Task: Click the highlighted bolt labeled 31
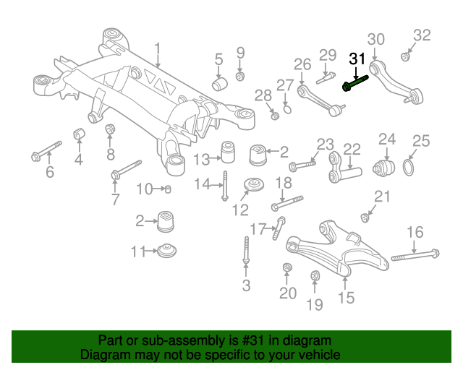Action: (355, 85)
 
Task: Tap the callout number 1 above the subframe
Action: (158, 50)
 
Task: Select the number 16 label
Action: (415, 232)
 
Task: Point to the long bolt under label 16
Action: (415, 255)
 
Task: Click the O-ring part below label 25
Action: (409, 169)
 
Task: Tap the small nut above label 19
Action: (315, 275)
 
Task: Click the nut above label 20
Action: (286, 270)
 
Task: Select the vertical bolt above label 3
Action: (246, 252)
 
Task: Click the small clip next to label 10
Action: (167, 189)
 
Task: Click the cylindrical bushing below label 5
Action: (220, 84)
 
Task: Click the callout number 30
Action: (375, 40)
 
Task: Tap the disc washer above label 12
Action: (254, 186)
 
